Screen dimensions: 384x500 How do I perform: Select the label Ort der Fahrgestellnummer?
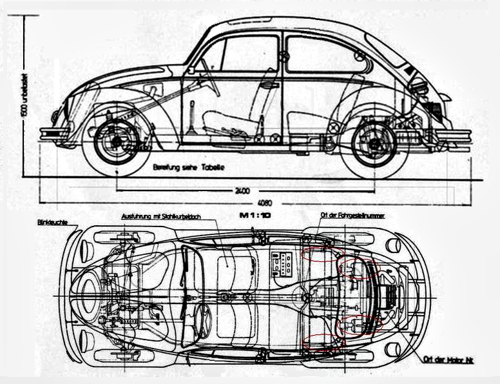point(352,216)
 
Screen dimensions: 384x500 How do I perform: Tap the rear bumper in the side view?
point(454,136)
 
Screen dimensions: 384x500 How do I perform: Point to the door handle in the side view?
point(271,85)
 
